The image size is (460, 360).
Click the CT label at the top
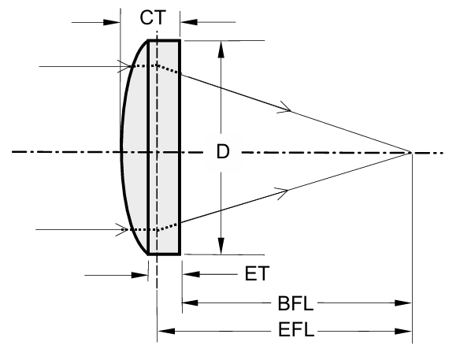point(153,17)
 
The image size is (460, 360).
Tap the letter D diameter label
point(223,152)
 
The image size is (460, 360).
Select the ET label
point(257,273)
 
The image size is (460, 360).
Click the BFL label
point(295,303)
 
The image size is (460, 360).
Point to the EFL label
point(295,329)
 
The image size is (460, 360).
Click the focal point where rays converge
point(410,153)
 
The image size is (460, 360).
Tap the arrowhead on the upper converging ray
point(285,108)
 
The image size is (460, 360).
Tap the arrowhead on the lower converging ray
point(283,193)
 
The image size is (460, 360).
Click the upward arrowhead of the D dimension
point(221,49)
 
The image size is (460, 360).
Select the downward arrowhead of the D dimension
point(221,246)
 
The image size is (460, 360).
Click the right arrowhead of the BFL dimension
point(402,303)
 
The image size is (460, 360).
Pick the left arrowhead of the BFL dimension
point(190,302)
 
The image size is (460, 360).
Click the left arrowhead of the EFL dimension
point(166,331)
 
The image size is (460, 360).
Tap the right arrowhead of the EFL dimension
point(402,332)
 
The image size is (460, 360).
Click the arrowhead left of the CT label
point(112,22)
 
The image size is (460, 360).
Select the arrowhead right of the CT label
point(189,22)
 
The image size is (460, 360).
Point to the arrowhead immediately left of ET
point(191,274)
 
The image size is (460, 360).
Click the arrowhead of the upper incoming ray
point(124,66)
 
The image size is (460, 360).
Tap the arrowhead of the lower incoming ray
point(122,230)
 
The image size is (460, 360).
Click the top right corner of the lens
point(180,40)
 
